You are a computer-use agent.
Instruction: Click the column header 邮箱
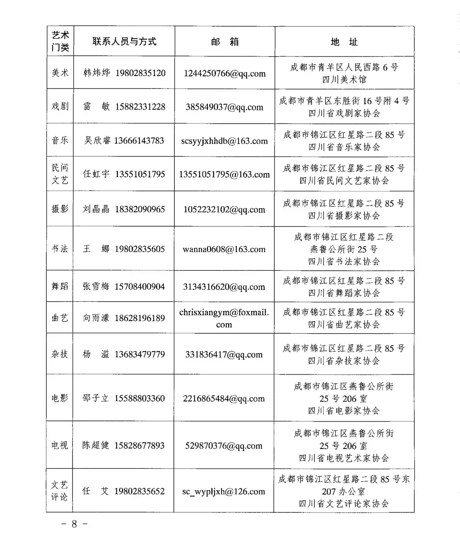coord(225,42)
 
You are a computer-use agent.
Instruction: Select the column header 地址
coord(344,42)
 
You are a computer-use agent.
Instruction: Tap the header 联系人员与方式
coord(124,42)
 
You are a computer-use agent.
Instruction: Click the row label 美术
coord(60,73)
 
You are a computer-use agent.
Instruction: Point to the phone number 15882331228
coord(140,107)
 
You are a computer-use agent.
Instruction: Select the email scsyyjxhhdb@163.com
coord(224,141)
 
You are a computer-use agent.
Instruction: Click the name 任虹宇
coord(96,174)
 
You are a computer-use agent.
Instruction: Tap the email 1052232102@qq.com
coord(224,209)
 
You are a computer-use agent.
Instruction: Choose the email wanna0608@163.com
coord(224,249)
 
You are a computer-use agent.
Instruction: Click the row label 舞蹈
coord(60,287)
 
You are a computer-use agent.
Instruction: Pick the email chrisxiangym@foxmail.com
coord(224,318)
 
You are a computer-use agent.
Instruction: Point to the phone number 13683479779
coord(139,354)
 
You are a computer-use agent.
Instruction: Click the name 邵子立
coord(95,398)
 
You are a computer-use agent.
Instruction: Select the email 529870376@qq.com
coord(224,446)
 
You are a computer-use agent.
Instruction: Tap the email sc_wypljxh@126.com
coord(224,491)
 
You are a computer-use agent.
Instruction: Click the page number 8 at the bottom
coord(74,524)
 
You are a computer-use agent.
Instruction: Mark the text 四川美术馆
coord(344,79)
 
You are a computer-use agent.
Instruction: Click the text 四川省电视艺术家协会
coord(344,458)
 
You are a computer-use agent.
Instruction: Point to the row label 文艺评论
coord(59,491)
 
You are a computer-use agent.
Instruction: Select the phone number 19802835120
coord(141,73)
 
